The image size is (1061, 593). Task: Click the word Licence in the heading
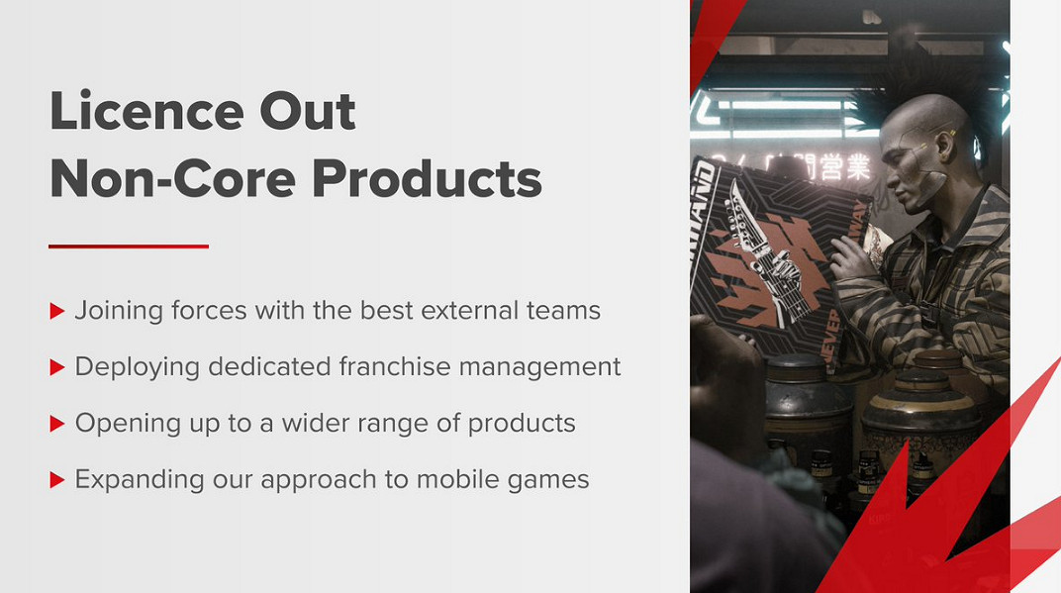pos(146,110)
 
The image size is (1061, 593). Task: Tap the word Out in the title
pos(308,110)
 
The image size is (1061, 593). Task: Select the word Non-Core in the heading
pos(172,178)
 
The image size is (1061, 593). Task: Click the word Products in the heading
pos(427,178)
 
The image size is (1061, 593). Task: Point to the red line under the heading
pos(129,247)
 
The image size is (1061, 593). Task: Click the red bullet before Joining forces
pos(56,312)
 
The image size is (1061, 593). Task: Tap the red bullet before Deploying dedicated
pos(56,367)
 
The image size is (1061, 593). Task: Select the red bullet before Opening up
pos(56,424)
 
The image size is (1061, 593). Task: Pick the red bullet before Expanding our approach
pos(56,480)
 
